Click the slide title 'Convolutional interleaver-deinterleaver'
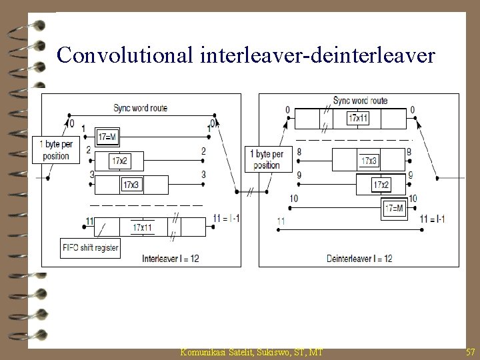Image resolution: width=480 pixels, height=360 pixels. coord(246,55)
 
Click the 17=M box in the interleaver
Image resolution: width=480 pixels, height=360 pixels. coord(107,137)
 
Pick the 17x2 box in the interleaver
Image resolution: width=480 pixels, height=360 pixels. coord(120,160)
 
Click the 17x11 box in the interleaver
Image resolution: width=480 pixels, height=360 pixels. coord(141,227)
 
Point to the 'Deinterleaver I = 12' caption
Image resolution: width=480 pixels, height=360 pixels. coord(359,257)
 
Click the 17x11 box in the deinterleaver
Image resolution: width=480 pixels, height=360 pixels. coord(359,119)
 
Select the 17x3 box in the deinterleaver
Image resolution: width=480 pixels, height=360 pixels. coord(369,161)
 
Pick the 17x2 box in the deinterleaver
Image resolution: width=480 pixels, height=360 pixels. coord(381,184)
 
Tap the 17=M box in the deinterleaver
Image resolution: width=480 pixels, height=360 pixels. coord(394,208)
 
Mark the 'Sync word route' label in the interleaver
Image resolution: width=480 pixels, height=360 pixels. coord(141,107)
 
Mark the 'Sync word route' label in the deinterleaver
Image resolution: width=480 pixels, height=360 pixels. coord(360,101)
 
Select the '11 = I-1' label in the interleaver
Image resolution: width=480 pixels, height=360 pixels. coord(227,217)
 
